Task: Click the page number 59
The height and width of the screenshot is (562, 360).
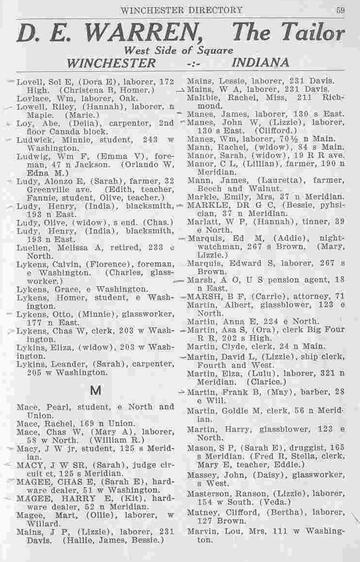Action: [340, 10]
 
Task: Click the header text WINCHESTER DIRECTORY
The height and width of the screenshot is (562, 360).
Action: [181, 10]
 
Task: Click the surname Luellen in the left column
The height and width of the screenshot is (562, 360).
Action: [30, 248]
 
